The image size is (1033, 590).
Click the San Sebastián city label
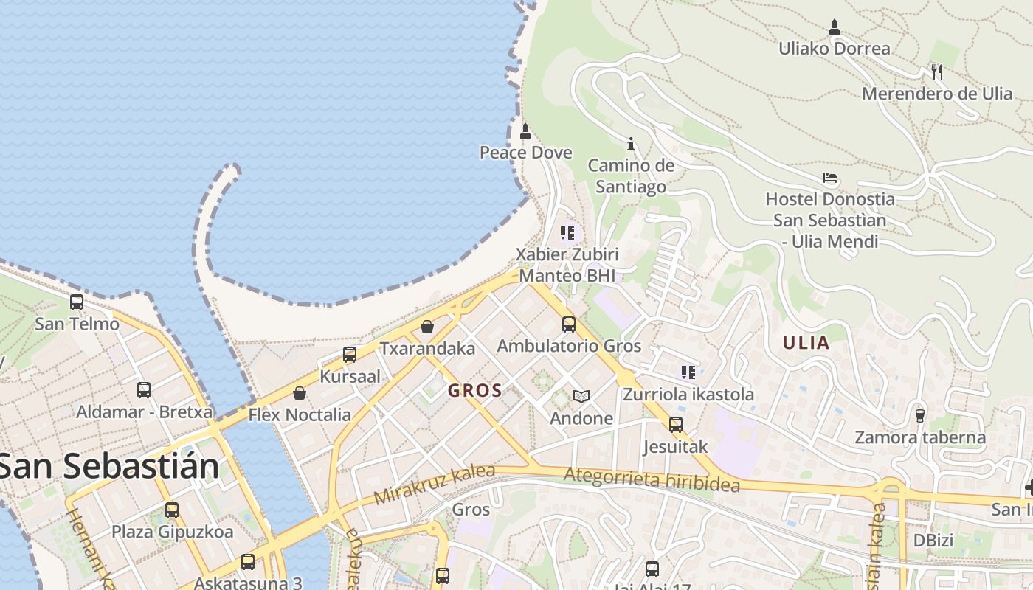coord(109,466)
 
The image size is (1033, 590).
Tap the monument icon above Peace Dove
coord(525,132)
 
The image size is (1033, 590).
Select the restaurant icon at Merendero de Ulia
coord(936,72)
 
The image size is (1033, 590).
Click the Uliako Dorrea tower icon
coord(835,27)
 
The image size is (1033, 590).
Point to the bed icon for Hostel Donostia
coord(830,178)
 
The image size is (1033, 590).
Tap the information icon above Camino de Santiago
coord(630,144)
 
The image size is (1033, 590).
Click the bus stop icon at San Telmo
coord(77,302)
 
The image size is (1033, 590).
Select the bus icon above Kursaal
coord(350,355)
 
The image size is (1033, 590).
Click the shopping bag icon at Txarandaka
coord(427,326)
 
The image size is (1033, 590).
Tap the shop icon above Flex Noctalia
coord(300,393)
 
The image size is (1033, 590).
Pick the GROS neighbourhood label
coord(475,391)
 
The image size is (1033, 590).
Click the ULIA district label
coord(806,343)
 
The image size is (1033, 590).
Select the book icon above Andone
coord(581,397)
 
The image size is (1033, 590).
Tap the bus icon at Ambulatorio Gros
coord(568,324)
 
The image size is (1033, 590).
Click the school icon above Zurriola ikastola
coord(688,372)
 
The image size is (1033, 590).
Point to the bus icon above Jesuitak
coord(675,425)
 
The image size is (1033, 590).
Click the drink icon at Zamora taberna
coord(919,415)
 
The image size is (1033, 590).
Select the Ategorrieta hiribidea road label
coord(651,480)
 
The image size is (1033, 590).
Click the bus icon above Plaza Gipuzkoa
coord(172,510)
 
